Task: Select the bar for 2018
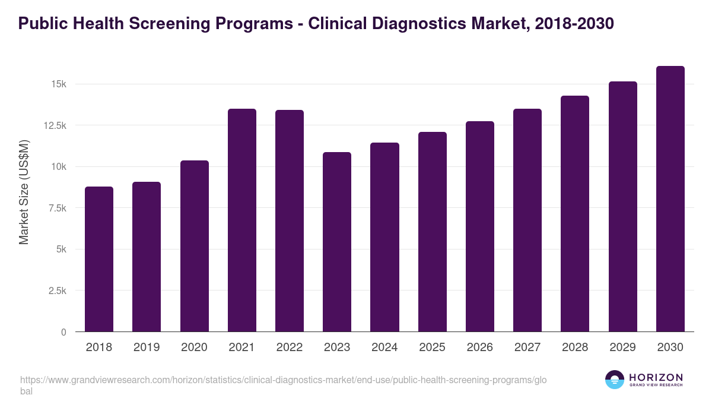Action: pos(99,259)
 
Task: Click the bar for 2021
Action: pos(242,220)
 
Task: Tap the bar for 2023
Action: pos(337,242)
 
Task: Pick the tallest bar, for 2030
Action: pos(670,199)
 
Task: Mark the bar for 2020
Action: pos(195,246)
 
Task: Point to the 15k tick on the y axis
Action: pos(58,84)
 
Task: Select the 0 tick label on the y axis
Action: pos(63,332)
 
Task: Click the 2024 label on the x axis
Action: pos(384,348)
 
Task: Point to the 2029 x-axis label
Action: pos(622,348)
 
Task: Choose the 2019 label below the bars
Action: pos(147,348)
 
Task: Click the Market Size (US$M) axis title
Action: pos(24,192)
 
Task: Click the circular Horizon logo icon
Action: pos(615,380)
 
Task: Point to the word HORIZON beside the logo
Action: pos(656,377)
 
